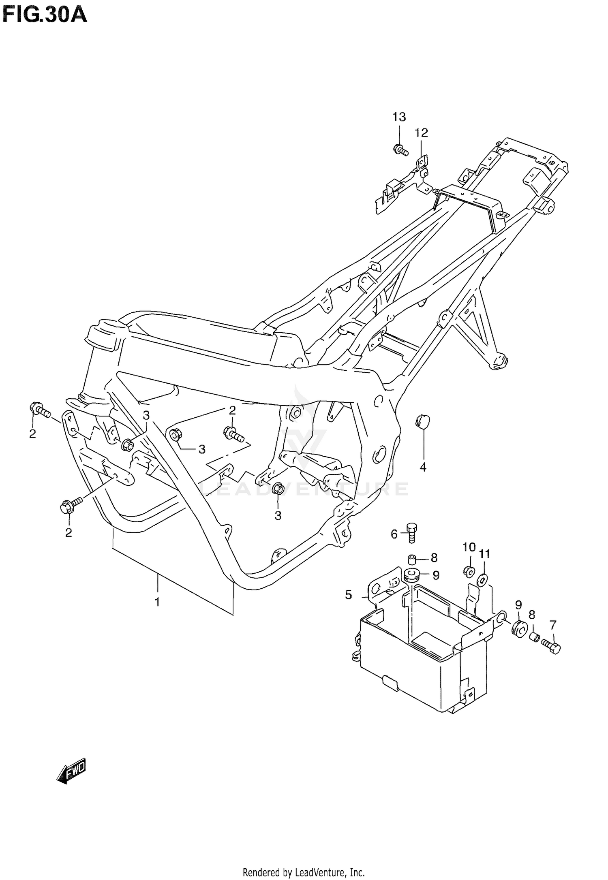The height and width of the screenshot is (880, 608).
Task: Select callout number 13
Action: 399,117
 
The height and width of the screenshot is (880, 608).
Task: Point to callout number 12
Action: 421,132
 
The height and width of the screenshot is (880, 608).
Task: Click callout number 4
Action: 423,467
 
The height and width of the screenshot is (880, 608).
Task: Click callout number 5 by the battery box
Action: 349,595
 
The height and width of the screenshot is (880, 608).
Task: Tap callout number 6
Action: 394,534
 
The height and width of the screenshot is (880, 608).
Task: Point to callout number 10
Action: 469,547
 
